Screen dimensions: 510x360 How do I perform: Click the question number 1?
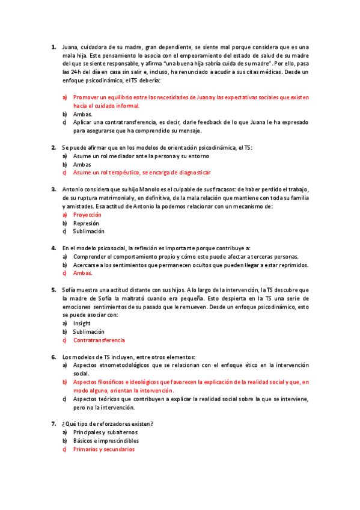(53, 46)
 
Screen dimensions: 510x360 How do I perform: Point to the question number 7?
(53, 423)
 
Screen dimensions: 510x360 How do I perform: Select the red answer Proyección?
(87, 215)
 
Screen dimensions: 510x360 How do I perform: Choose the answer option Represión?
(87, 223)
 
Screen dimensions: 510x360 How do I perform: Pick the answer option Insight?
(82, 323)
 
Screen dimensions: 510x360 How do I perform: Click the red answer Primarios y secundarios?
(104, 449)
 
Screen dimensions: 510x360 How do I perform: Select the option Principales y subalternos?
(105, 432)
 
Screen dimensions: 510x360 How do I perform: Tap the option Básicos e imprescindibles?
(106, 440)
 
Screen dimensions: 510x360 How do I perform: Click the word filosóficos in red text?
(118, 382)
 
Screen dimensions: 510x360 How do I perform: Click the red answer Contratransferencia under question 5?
(99, 340)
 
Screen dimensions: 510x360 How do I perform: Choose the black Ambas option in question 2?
(82, 164)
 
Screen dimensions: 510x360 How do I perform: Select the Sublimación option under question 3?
(88, 231)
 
